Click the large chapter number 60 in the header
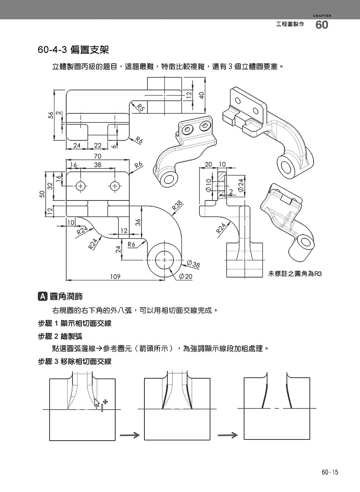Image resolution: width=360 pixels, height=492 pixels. pyautogui.click(x=322, y=25)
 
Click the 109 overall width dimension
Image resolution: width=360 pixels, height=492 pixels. pyautogui.click(x=115, y=276)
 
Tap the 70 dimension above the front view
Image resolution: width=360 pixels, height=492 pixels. pyautogui.click(x=98, y=156)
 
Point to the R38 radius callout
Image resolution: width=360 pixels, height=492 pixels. pyautogui.click(x=177, y=206)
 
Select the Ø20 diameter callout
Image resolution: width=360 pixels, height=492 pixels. pyautogui.click(x=186, y=276)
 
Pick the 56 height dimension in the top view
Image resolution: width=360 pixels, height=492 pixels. pyautogui.click(x=51, y=115)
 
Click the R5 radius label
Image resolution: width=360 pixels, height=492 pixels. pyautogui.click(x=140, y=107)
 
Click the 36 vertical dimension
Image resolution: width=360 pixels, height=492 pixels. pyautogui.click(x=137, y=222)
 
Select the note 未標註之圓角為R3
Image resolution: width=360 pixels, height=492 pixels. pyautogui.click(x=294, y=274)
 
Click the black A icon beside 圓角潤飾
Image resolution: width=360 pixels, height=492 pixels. pyautogui.click(x=42, y=296)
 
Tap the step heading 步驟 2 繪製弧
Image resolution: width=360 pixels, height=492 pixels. pyautogui.click(x=60, y=336)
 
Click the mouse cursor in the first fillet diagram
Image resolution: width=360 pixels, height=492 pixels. pyautogui.click(x=96, y=402)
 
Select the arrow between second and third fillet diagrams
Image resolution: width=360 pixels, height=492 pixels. pyautogui.click(x=228, y=435)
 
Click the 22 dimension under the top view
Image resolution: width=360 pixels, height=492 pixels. pyautogui.click(x=98, y=145)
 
